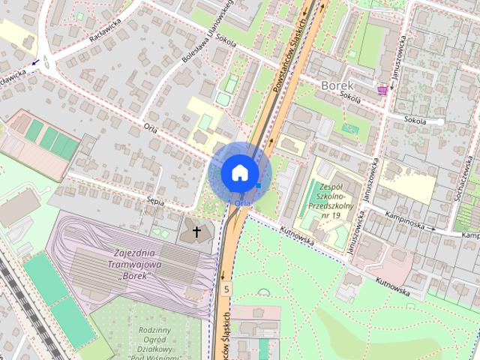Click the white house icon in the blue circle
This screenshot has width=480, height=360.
point(239,172)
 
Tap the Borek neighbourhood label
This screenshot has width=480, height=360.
point(337,85)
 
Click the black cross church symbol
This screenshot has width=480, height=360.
point(198,232)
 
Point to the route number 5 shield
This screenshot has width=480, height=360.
point(226,289)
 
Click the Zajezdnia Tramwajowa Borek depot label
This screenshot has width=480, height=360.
point(130,264)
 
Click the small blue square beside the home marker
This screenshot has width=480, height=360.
point(259,185)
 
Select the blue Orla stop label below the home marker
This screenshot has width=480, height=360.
point(241,203)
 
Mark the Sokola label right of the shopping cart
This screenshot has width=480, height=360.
point(414,121)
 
